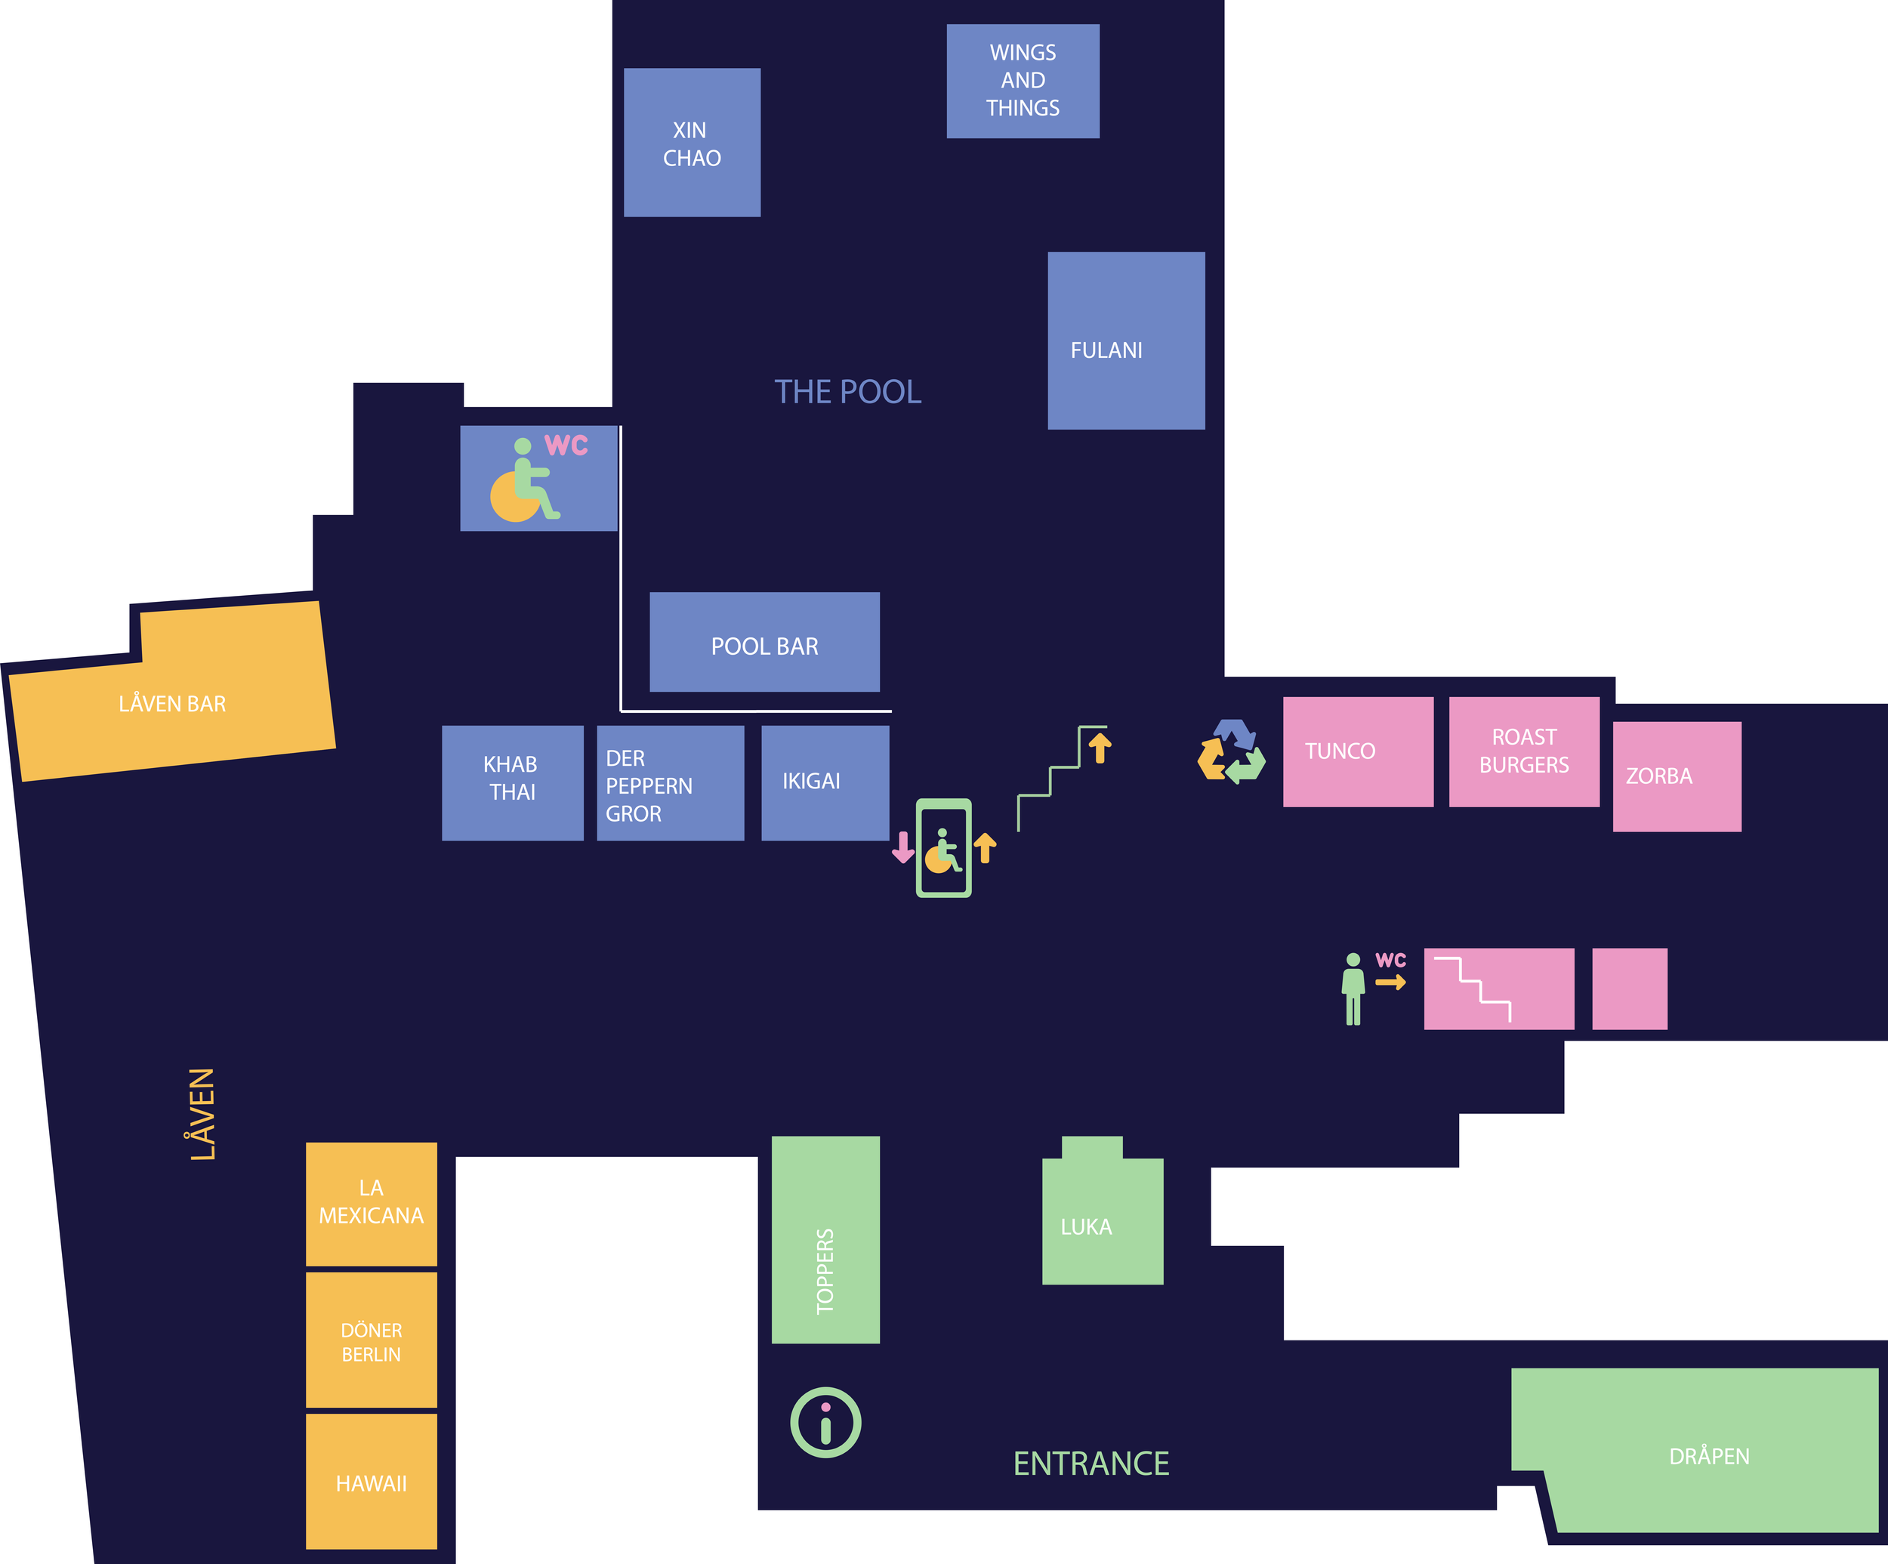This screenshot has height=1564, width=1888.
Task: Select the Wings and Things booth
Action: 1023,81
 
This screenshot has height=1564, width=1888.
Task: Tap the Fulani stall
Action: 1125,341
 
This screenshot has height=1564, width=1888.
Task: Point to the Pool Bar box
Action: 764,642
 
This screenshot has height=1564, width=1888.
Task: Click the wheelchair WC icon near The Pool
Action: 538,478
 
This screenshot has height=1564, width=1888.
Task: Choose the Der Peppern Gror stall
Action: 670,783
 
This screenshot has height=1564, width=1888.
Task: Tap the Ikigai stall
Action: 825,783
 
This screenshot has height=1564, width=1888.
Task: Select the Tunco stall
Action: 1358,751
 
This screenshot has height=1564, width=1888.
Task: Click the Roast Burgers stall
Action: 1524,751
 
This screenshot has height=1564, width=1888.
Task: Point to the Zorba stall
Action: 1677,776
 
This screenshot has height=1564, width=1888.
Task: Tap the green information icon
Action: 825,1423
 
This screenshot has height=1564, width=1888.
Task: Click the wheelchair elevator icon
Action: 943,847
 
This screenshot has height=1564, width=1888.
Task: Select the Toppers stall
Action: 825,1239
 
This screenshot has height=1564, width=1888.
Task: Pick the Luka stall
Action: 1103,1220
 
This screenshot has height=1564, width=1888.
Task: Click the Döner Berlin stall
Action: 372,1340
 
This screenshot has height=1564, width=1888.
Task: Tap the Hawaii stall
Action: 372,1482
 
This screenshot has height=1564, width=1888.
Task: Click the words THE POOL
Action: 848,392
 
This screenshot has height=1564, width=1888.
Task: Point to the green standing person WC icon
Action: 1353,988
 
